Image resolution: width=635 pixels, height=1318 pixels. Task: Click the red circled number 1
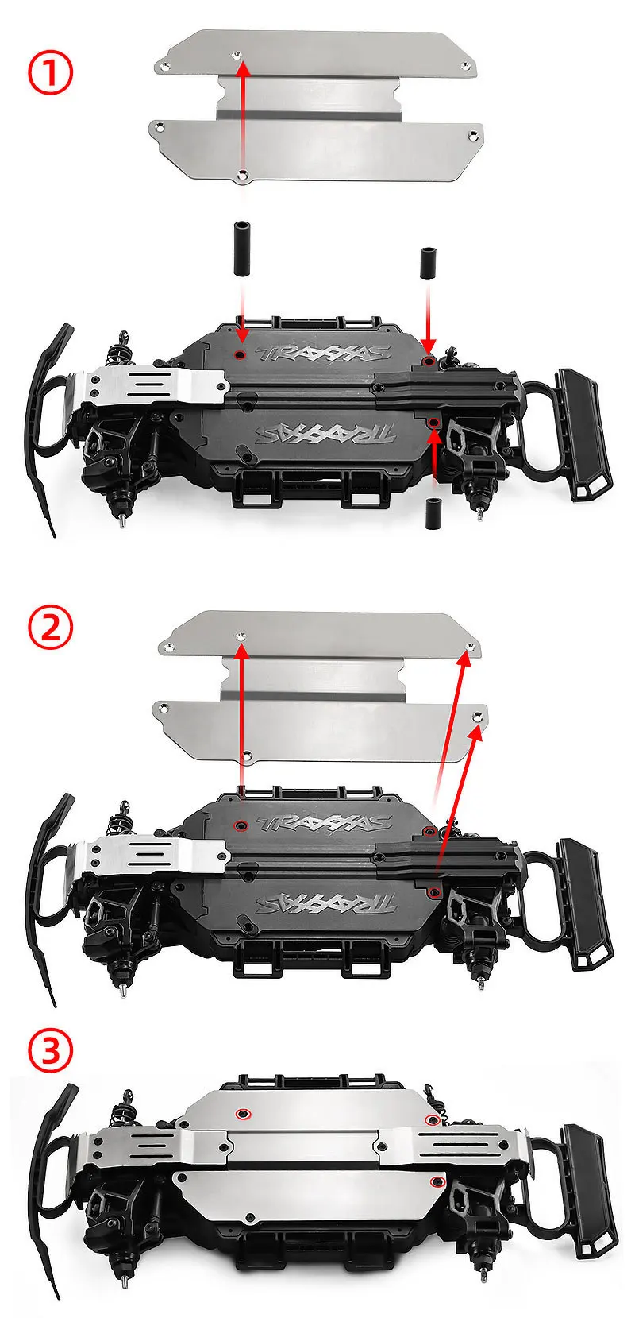click(51, 74)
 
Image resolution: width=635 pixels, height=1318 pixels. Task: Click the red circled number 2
click(51, 629)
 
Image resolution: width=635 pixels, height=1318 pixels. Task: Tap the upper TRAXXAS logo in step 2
click(325, 821)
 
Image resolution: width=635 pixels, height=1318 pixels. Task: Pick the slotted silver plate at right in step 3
click(452, 1144)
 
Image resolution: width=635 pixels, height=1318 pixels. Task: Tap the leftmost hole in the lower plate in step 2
click(162, 705)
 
